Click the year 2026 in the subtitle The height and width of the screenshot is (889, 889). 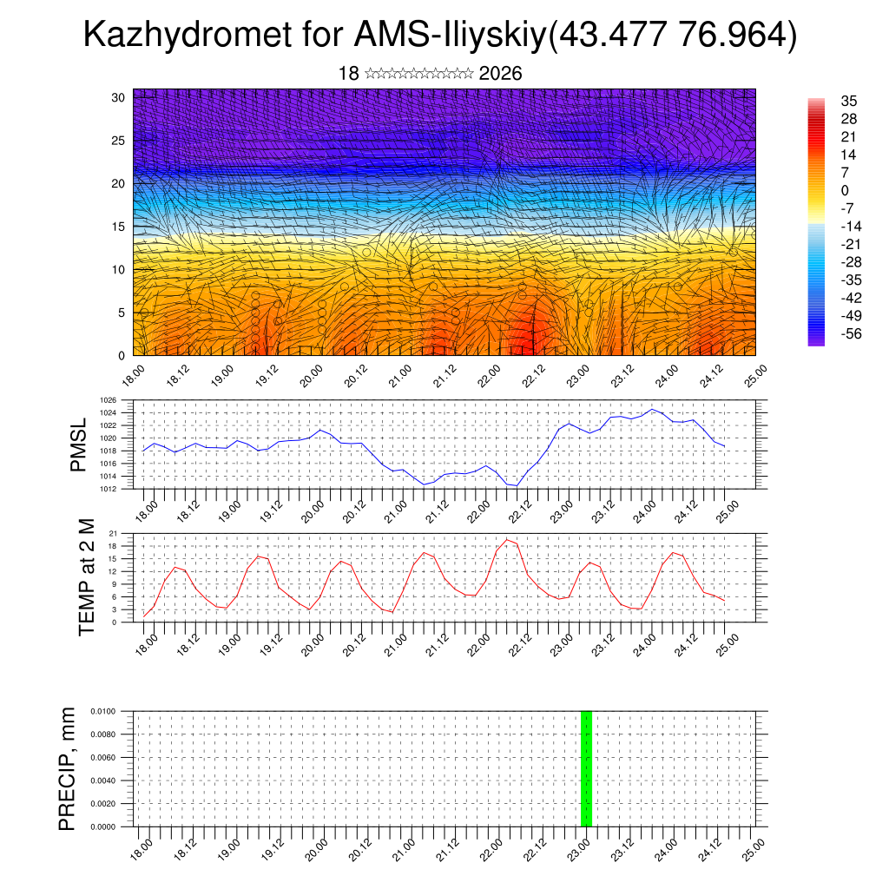(500, 74)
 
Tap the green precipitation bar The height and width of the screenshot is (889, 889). (586, 768)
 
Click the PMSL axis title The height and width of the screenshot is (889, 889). (78, 444)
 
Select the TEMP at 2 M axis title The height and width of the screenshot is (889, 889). (87, 576)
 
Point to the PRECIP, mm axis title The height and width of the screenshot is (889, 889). (68, 768)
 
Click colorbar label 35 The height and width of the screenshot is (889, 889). (848, 102)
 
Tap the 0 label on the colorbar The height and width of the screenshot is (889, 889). (845, 190)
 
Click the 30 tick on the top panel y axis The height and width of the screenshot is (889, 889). (118, 97)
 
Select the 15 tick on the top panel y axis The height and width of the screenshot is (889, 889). (118, 227)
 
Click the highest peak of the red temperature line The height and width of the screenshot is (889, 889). (507, 540)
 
